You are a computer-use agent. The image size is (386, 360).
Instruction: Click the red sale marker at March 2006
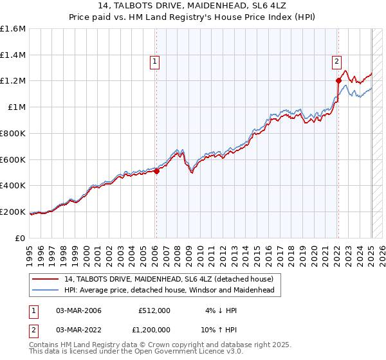(156, 171)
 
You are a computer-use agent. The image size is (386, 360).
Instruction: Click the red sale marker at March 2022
(338, 80)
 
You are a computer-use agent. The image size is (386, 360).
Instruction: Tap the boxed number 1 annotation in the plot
(156, 62)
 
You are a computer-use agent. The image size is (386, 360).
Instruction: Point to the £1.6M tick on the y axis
(13, 29)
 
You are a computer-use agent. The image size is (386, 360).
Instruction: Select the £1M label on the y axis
(17, 107)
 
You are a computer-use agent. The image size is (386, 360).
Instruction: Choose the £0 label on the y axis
(21, 238)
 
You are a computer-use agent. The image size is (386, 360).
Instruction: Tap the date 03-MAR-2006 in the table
(78, 310)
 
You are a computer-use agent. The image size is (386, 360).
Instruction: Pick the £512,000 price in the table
(154, 310)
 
